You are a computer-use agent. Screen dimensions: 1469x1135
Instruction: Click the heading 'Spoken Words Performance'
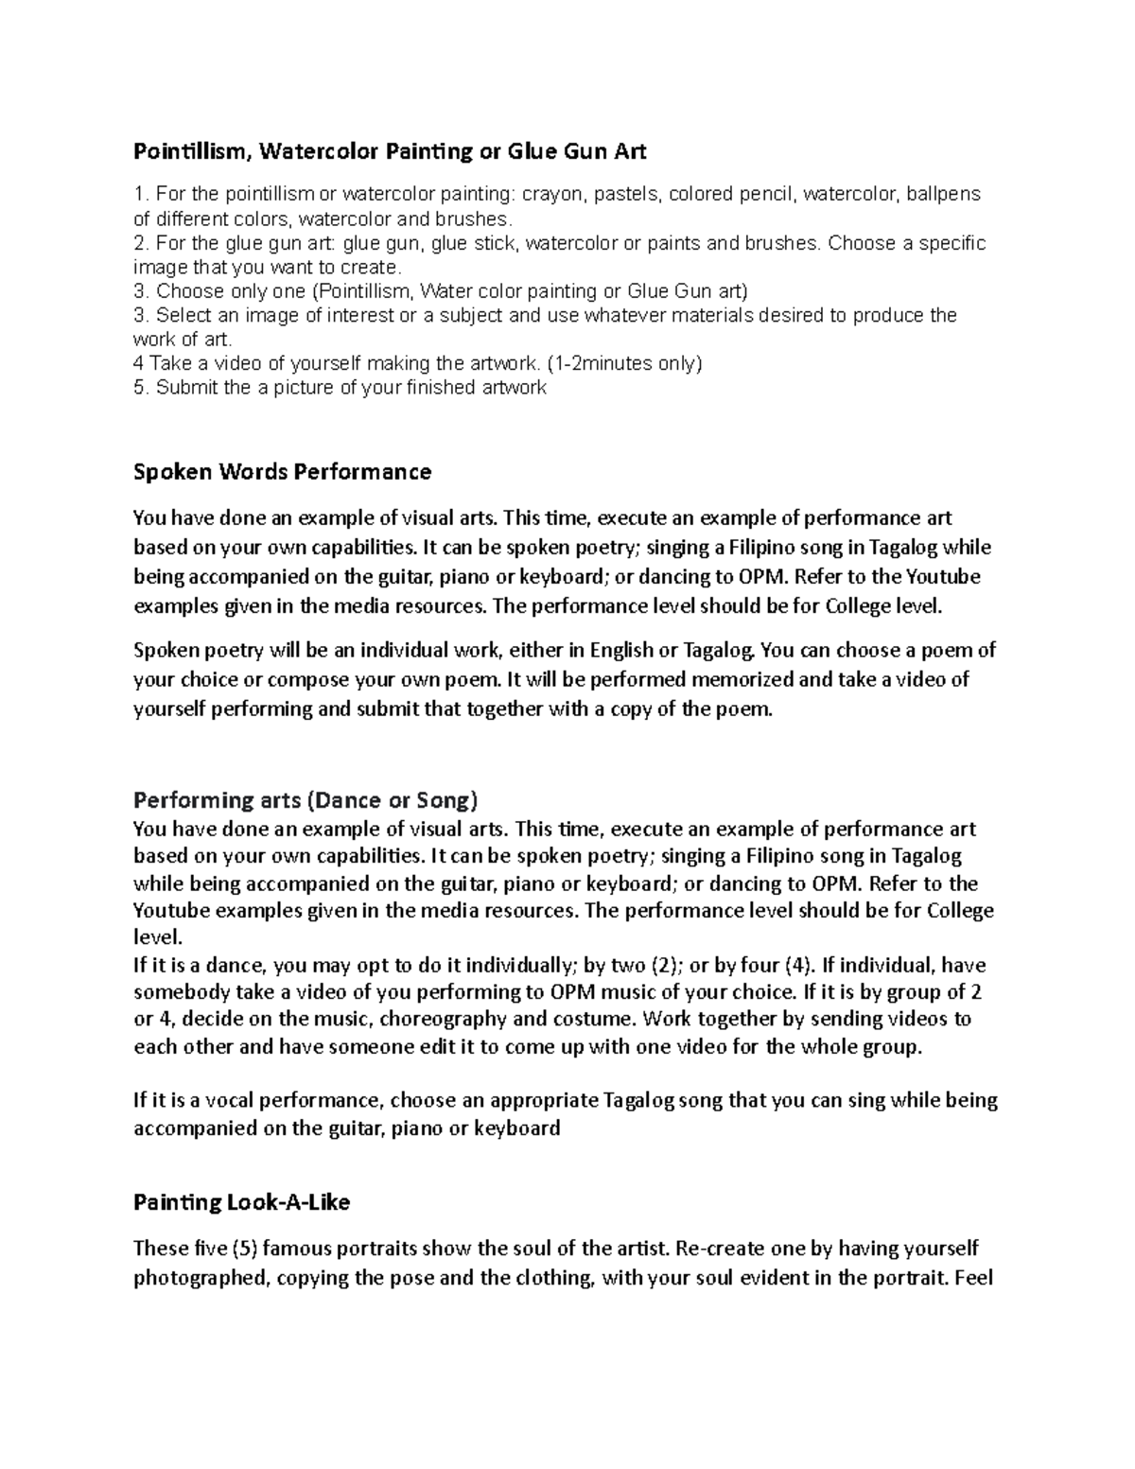282,471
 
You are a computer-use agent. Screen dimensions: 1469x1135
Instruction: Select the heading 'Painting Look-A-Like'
241,1202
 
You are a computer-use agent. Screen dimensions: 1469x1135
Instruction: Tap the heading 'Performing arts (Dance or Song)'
306,800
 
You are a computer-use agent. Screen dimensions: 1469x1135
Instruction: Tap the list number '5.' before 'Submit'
141,388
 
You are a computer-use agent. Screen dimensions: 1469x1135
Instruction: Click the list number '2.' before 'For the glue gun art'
141,243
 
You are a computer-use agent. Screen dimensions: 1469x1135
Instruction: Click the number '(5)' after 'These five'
244,1249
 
